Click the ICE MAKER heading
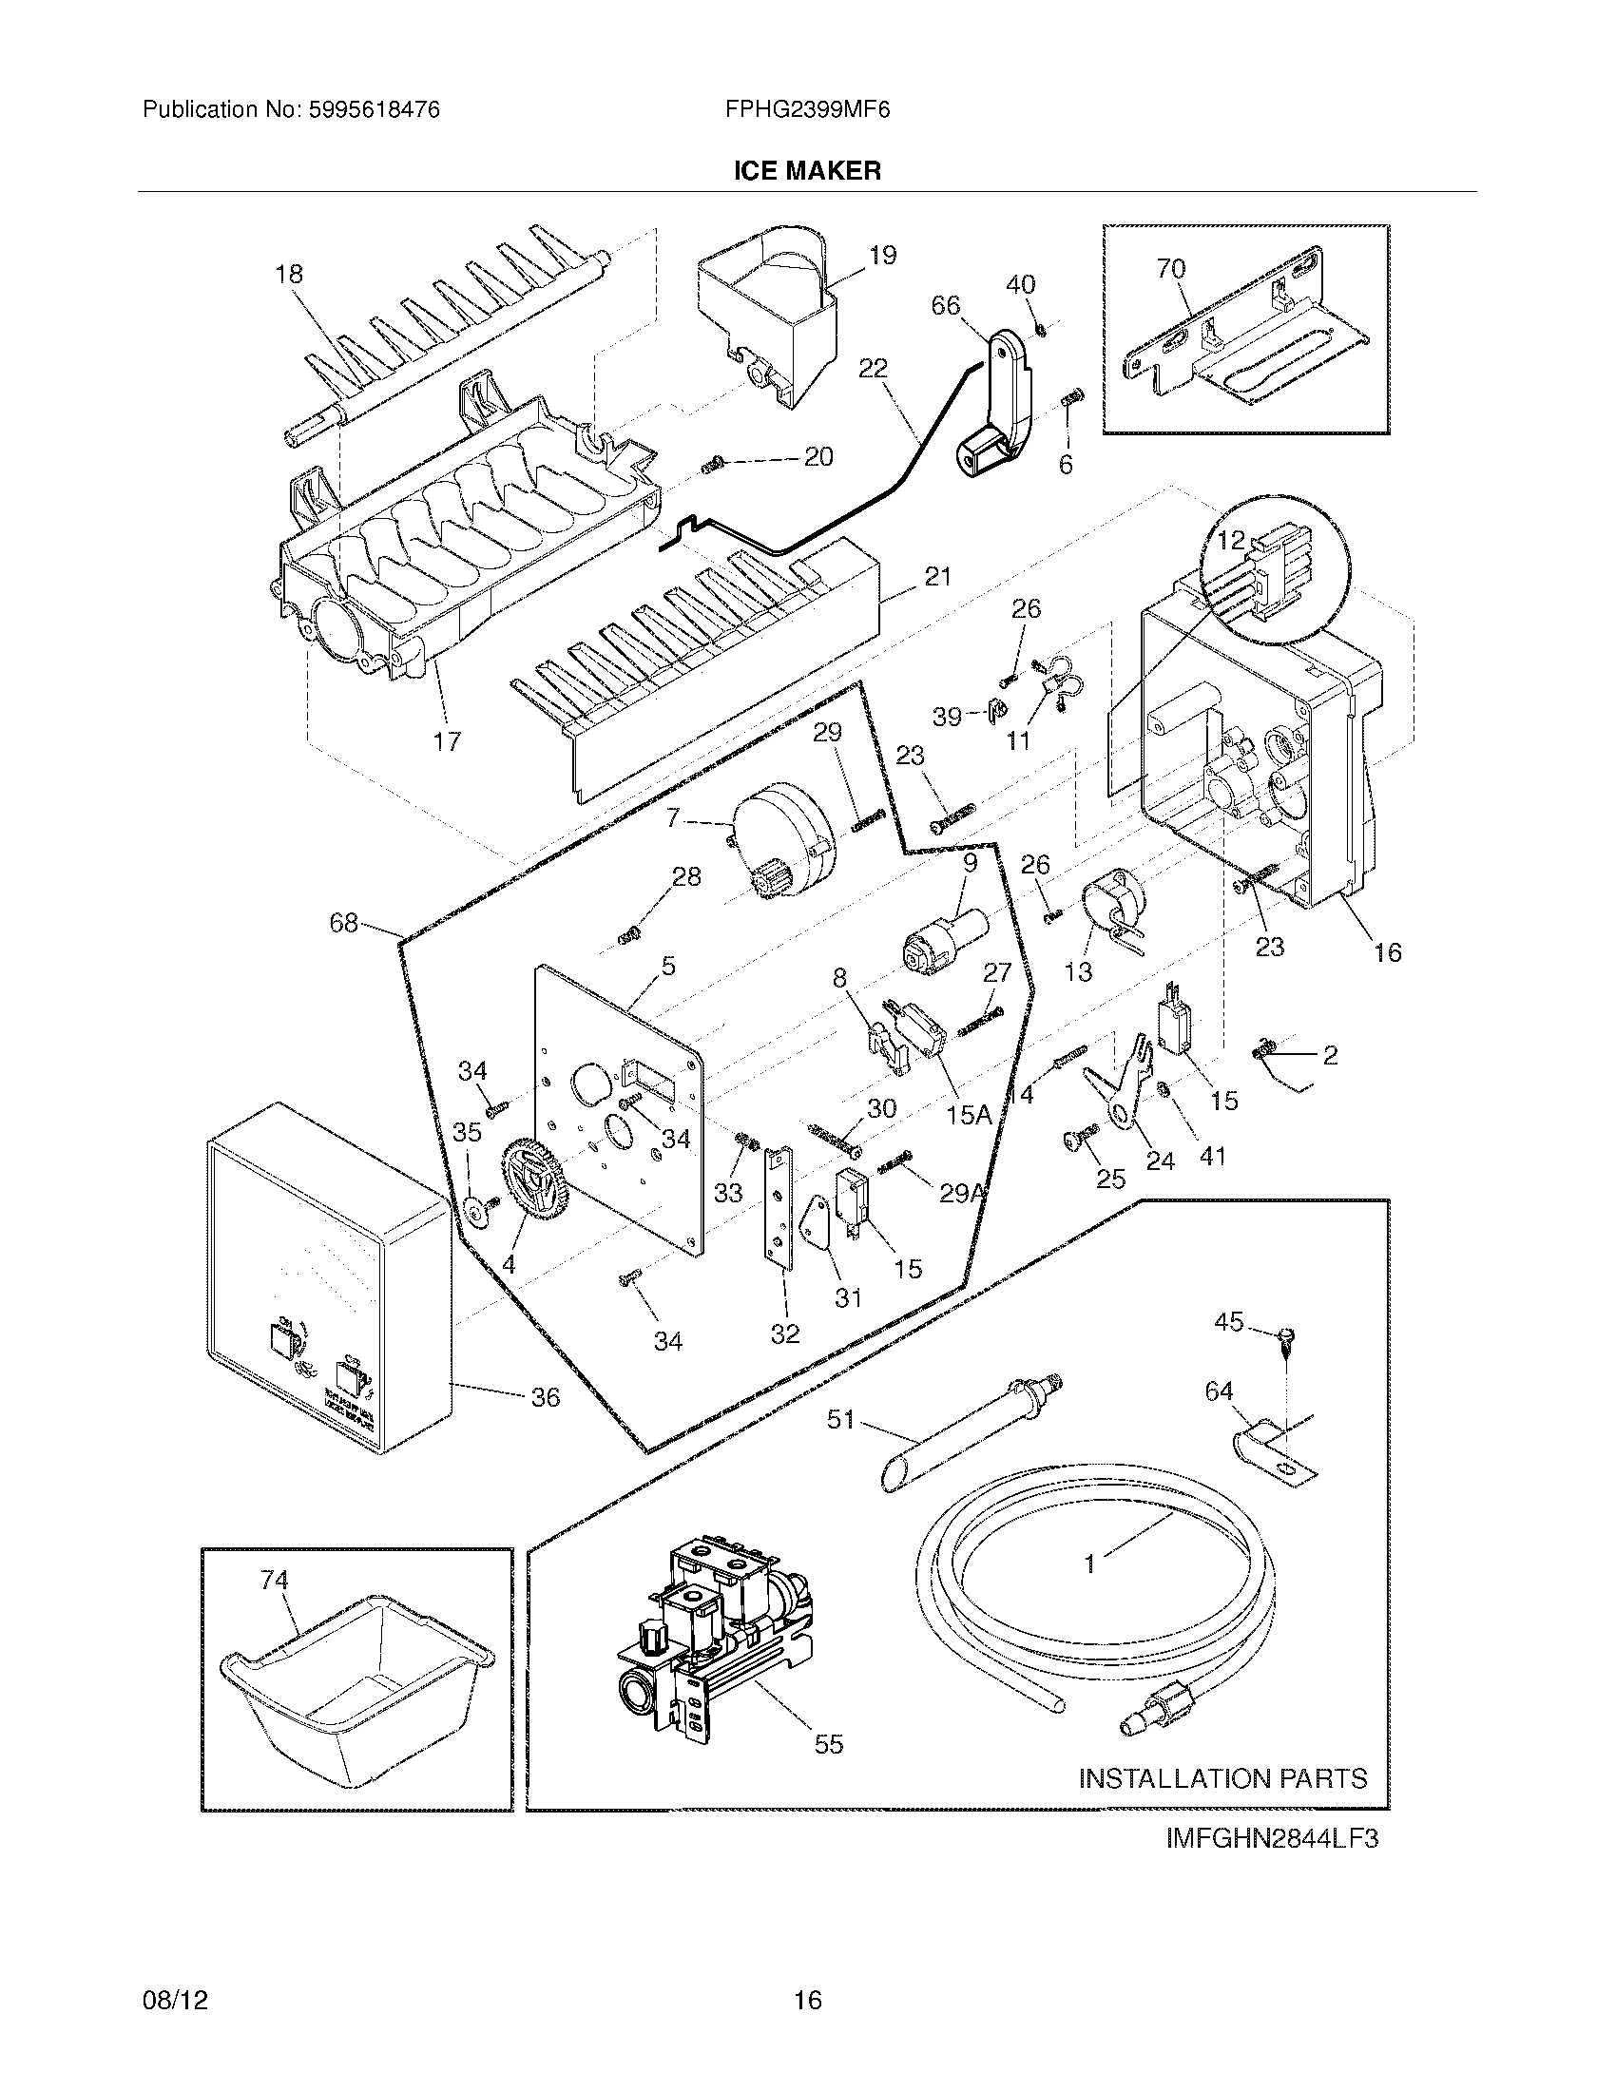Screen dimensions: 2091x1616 [x=807, y=171]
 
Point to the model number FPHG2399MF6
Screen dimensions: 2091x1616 [x=807, y=110]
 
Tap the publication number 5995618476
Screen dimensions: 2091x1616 [x=375, y=110]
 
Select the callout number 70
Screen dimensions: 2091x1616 [x=1171, y=269]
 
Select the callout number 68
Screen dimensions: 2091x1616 [x=344, y=923]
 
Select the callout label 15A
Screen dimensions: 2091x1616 [x=968, y=1114]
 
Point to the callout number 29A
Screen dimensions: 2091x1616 [x=962, y=1193]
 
